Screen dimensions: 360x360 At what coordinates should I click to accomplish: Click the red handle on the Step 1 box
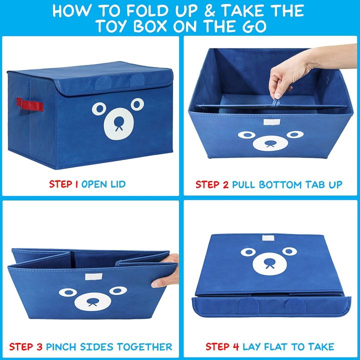tap(35, 104)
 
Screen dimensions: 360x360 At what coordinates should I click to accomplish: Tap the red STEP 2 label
tap(212, 184)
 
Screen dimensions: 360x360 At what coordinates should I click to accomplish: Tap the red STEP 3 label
tap(26, 346)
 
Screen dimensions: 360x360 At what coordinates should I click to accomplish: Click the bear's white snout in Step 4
tap(270, 263)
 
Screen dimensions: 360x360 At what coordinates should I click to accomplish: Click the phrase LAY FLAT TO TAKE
tap(288, 346)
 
